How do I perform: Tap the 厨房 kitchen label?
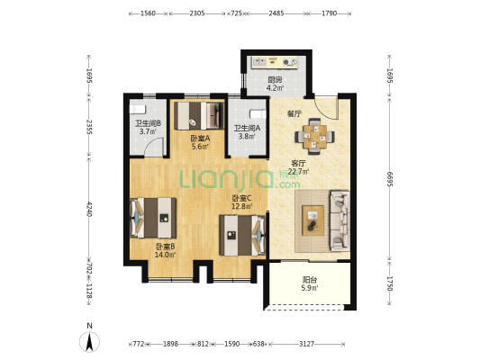(275, 80)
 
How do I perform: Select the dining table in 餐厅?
(314, 136)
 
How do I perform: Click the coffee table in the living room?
(312, 220)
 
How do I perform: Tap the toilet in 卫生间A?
(258, 114)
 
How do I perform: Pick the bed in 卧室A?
(199, 115)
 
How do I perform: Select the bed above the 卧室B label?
(153, 218)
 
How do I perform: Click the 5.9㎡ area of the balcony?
(310, 288)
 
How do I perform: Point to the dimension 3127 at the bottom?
(306, 344)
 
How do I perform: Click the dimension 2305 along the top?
(197, 13)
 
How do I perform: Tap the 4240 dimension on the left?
(89, 209)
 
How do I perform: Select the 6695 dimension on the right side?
(389, 178)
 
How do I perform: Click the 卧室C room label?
(242, 198)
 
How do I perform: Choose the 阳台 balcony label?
(310, 280)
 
